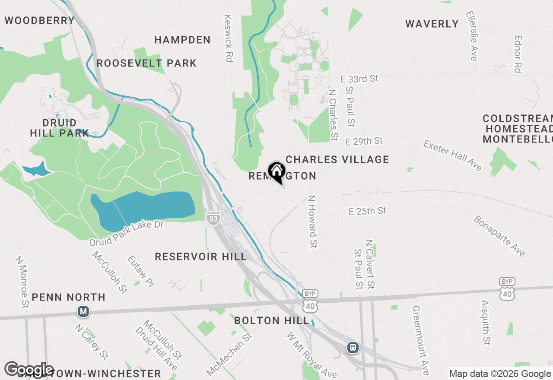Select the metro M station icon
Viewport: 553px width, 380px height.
coord(83,311)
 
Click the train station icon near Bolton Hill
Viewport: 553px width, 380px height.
coord(353,347)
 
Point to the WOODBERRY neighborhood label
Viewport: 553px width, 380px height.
coord(40,20)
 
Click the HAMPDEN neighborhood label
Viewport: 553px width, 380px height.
coord(182,40)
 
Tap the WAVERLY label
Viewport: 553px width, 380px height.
coord(432,24)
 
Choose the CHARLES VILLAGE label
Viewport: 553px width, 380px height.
coord(337,160)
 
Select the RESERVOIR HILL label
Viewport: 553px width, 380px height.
coord(201,257)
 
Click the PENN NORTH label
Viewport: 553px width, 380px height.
coord(69,298)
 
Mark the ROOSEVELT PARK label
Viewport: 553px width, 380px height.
coord(146,63)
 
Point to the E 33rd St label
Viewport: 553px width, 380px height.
coord(359,79)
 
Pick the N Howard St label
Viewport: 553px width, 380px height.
coord(312,222)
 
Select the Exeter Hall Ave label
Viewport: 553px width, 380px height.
coord(453,155)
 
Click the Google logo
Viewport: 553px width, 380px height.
coord(29,370)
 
